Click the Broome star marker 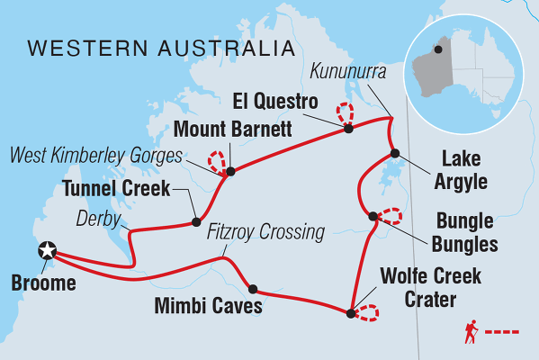[46, 252]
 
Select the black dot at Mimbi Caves [253, 289]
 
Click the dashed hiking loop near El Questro [345, 113]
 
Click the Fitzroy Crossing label [265, 232]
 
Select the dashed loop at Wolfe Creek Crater [366, 312]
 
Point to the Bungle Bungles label [466, 231]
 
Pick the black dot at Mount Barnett [230, 171]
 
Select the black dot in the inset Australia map [438, 49]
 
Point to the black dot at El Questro [348, 129]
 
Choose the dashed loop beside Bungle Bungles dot [390, 215]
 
